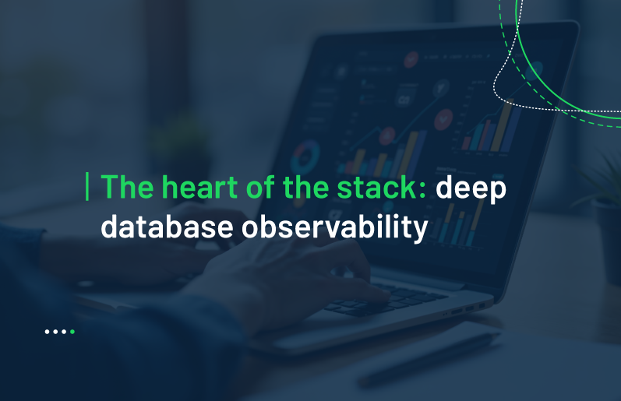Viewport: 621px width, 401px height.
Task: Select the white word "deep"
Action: pos(471,189)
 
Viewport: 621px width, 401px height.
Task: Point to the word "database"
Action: pos(167,227)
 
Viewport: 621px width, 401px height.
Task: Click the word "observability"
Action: pos(335,228)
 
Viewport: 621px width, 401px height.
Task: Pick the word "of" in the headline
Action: pos(261,186)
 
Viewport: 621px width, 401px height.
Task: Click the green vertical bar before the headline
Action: pos(87,186)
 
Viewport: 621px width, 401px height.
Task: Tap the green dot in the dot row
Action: pos(72,332)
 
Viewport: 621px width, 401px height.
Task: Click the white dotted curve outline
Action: pos(506,62)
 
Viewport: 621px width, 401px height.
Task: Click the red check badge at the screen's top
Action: pos(411,59)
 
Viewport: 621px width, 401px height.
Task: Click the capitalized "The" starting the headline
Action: pos(127,186)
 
